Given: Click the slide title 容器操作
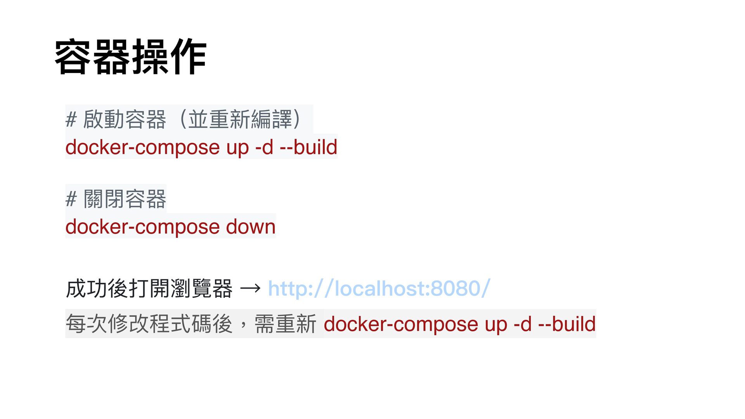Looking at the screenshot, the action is [130, 57].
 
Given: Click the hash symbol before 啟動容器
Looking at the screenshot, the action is [71, 119].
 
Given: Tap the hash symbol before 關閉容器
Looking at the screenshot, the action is [71, 199].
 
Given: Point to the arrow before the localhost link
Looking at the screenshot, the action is [250, 289].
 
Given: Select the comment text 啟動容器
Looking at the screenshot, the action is [125, 119].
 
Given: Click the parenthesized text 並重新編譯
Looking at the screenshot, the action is [240, 119].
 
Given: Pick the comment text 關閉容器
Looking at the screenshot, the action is [125, 199].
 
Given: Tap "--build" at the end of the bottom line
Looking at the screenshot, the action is [567, 324].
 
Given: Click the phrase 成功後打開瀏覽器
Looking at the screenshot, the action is [149, 289].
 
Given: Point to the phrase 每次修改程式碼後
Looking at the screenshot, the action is [149, 324].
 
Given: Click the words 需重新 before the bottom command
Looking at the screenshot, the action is [285, 324].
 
